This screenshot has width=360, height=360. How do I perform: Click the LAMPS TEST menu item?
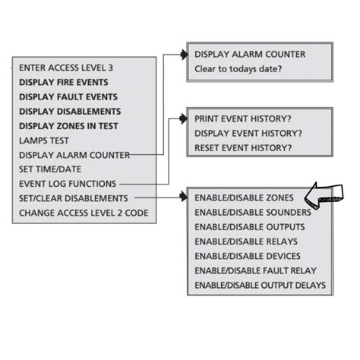45,140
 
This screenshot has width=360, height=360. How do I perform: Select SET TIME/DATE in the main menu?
50,169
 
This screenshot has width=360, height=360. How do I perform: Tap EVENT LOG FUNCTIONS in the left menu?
68,184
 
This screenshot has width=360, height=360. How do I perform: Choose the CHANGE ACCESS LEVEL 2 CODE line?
84,213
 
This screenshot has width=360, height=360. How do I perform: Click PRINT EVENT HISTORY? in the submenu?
243,119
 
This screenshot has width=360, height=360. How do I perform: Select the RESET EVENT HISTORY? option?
243,147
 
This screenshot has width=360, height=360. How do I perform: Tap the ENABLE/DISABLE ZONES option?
243,198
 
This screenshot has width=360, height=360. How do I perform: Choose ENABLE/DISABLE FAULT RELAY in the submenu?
255,270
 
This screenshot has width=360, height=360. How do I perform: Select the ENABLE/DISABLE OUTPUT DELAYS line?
260,285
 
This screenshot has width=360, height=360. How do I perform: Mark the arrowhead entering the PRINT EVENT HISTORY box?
183,119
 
